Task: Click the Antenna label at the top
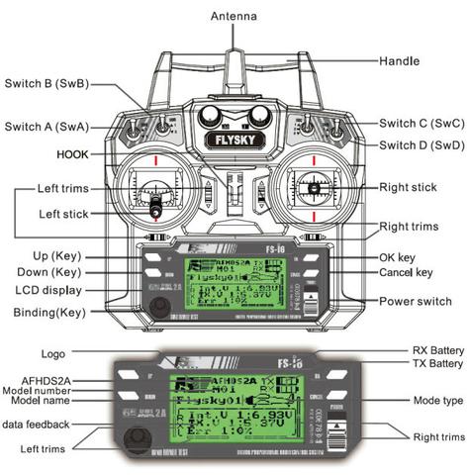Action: (234, 16)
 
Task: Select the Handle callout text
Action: (399, 61)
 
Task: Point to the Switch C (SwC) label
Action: (419, 123)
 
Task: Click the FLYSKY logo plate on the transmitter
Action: (234, 140)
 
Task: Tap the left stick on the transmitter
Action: (155, 205)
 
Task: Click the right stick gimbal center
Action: (314, 188)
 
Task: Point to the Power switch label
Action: (415, 301)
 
